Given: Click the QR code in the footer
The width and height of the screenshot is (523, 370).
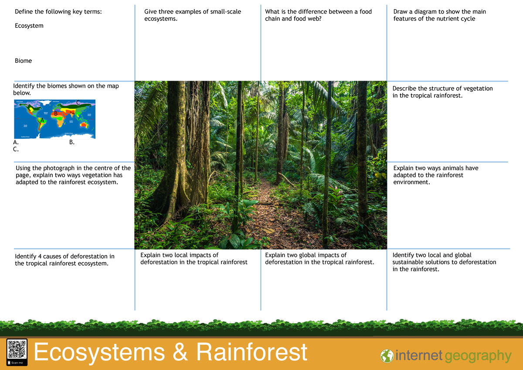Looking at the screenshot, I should pos(17,349).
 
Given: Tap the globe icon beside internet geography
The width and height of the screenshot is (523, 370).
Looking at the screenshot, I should pos(387,356).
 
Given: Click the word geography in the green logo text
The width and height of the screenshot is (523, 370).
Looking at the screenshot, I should pos(478,356).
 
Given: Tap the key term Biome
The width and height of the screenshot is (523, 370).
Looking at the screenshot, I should pos(23,61).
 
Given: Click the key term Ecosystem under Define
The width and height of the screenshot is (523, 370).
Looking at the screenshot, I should pos(29,26).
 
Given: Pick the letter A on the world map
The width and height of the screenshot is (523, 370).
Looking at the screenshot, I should pos(42,120).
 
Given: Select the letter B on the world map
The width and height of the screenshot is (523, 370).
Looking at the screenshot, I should pos(55,114).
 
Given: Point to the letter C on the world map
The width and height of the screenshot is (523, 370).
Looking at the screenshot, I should pos(78,103).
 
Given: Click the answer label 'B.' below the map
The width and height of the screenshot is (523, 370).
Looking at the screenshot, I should pos(72,142).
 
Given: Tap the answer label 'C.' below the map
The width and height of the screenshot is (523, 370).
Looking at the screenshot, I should pos(16,149).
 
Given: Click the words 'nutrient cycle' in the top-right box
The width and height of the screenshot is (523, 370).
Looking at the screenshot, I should pos(455,19).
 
